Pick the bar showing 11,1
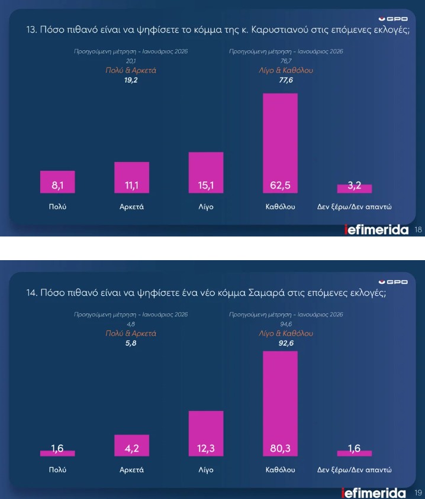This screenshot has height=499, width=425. click(131, 177)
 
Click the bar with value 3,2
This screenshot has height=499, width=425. click(354, 189)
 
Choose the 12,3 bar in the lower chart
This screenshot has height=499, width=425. click(206, 433)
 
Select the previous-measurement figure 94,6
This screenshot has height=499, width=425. click(286, 324)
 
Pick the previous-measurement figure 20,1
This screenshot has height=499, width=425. click(131, 61)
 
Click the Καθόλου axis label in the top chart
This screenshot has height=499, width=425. click(280, 207)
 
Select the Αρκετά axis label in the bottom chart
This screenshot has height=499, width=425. click(131, 471)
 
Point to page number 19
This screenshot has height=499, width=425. click(418, 492)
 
